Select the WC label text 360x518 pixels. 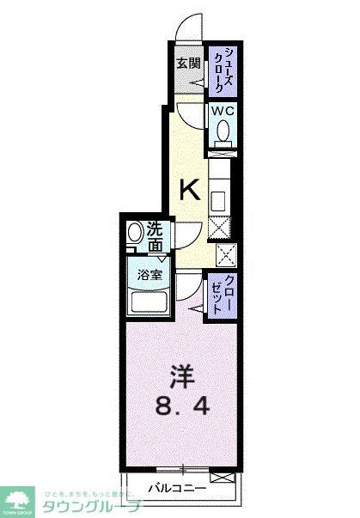tap(223, 111)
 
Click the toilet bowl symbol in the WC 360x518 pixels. tap(223, 132)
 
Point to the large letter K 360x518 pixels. tap(191, 190)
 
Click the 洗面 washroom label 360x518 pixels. tap(155, 236)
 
